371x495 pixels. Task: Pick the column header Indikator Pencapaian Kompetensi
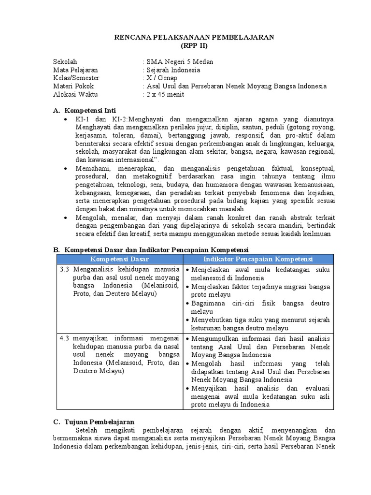258,260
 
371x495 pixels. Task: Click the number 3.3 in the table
65,269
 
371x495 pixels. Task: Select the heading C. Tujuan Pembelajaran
94,422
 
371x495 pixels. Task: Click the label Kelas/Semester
76,78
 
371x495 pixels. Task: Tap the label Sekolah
65,62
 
